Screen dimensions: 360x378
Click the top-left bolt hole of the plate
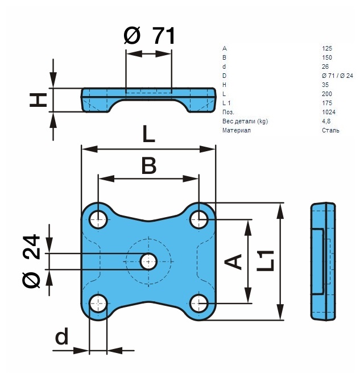pyautogui.click(x=98, y=219)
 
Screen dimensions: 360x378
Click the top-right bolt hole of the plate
pyautogui.click(x=198, y=219)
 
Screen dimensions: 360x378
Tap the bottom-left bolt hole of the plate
pyautogui.click(x=98, y=304)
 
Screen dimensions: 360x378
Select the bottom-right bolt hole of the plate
pyautogui.click(x=198, y=304)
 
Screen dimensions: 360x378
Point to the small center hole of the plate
pyautogui.click(x=148, y=261)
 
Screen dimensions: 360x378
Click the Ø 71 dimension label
pyautogui.click(x=149, y=36)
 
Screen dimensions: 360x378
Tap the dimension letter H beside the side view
pyautogui.click(x=38, y=99)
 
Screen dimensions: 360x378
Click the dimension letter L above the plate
pyautogui.click(x=148, y=134)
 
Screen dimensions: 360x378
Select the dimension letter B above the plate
pyautogui.click(x=149, y=166)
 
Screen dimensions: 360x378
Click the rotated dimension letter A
pyautogui.click(x=233, y=261)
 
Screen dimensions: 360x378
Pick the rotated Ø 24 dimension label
pyautogui.click(x=31, y=261)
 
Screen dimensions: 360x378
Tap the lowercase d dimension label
pyautogui.click(x=62, y=336)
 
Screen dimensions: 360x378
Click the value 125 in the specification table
pyautogui.click(x=326, y=48)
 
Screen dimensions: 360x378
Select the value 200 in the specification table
pyautogui.click(x=326, y=94)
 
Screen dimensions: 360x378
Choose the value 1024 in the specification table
pyautogui.click(x=328, y=112)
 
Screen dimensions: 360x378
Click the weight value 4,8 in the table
pyautogui.click(x=326, y=121)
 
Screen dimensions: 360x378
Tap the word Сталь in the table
pyautogui.click(x=330, y=130)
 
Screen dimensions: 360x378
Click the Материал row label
pyautogui.click(x=236, y=130)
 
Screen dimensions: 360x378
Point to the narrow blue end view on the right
pyautogui.click(x=323, y=261)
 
